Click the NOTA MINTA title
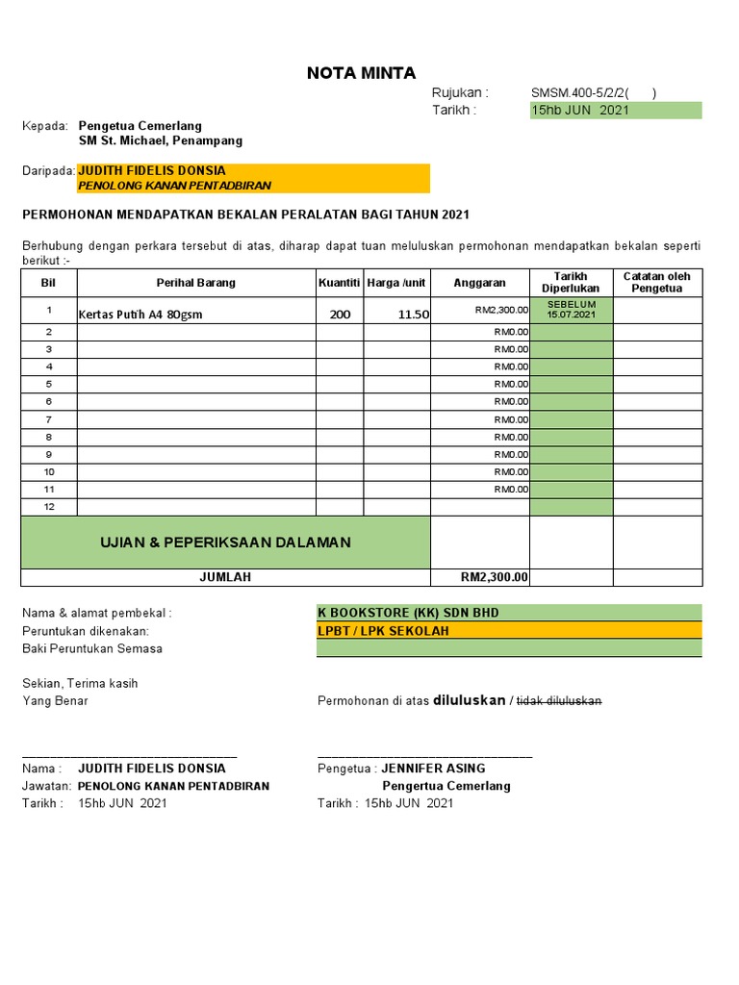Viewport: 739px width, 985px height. click(361, 73)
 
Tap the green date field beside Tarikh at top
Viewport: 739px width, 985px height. click(616, 111)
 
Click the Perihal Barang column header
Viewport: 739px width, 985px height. click(196, 283)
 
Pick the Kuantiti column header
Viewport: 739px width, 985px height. click(339, 283)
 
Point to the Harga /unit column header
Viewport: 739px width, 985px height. click(396, 283)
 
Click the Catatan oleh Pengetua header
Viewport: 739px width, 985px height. click(657, 283)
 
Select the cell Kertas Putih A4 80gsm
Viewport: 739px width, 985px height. click(140, 315)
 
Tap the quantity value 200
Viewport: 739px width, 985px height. click(340, 314)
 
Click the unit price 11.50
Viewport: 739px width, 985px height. click(414, 314)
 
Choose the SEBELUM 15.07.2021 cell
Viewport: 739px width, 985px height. click(571, 310)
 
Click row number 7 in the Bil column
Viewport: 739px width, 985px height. click(49, 419)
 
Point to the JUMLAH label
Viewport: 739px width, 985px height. click(225, 577)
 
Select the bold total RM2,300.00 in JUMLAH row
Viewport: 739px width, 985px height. click(495, 577)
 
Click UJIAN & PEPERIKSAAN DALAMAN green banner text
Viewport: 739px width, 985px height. click(225, 543)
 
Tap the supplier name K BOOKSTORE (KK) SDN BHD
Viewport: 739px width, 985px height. click(408, 613)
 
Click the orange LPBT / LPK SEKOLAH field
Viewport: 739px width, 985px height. click(384, 631)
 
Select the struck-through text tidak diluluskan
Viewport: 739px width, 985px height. click(559, 701)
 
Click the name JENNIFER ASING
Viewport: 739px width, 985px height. click(433, 769)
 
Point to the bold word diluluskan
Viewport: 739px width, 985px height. click(469, 700)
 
